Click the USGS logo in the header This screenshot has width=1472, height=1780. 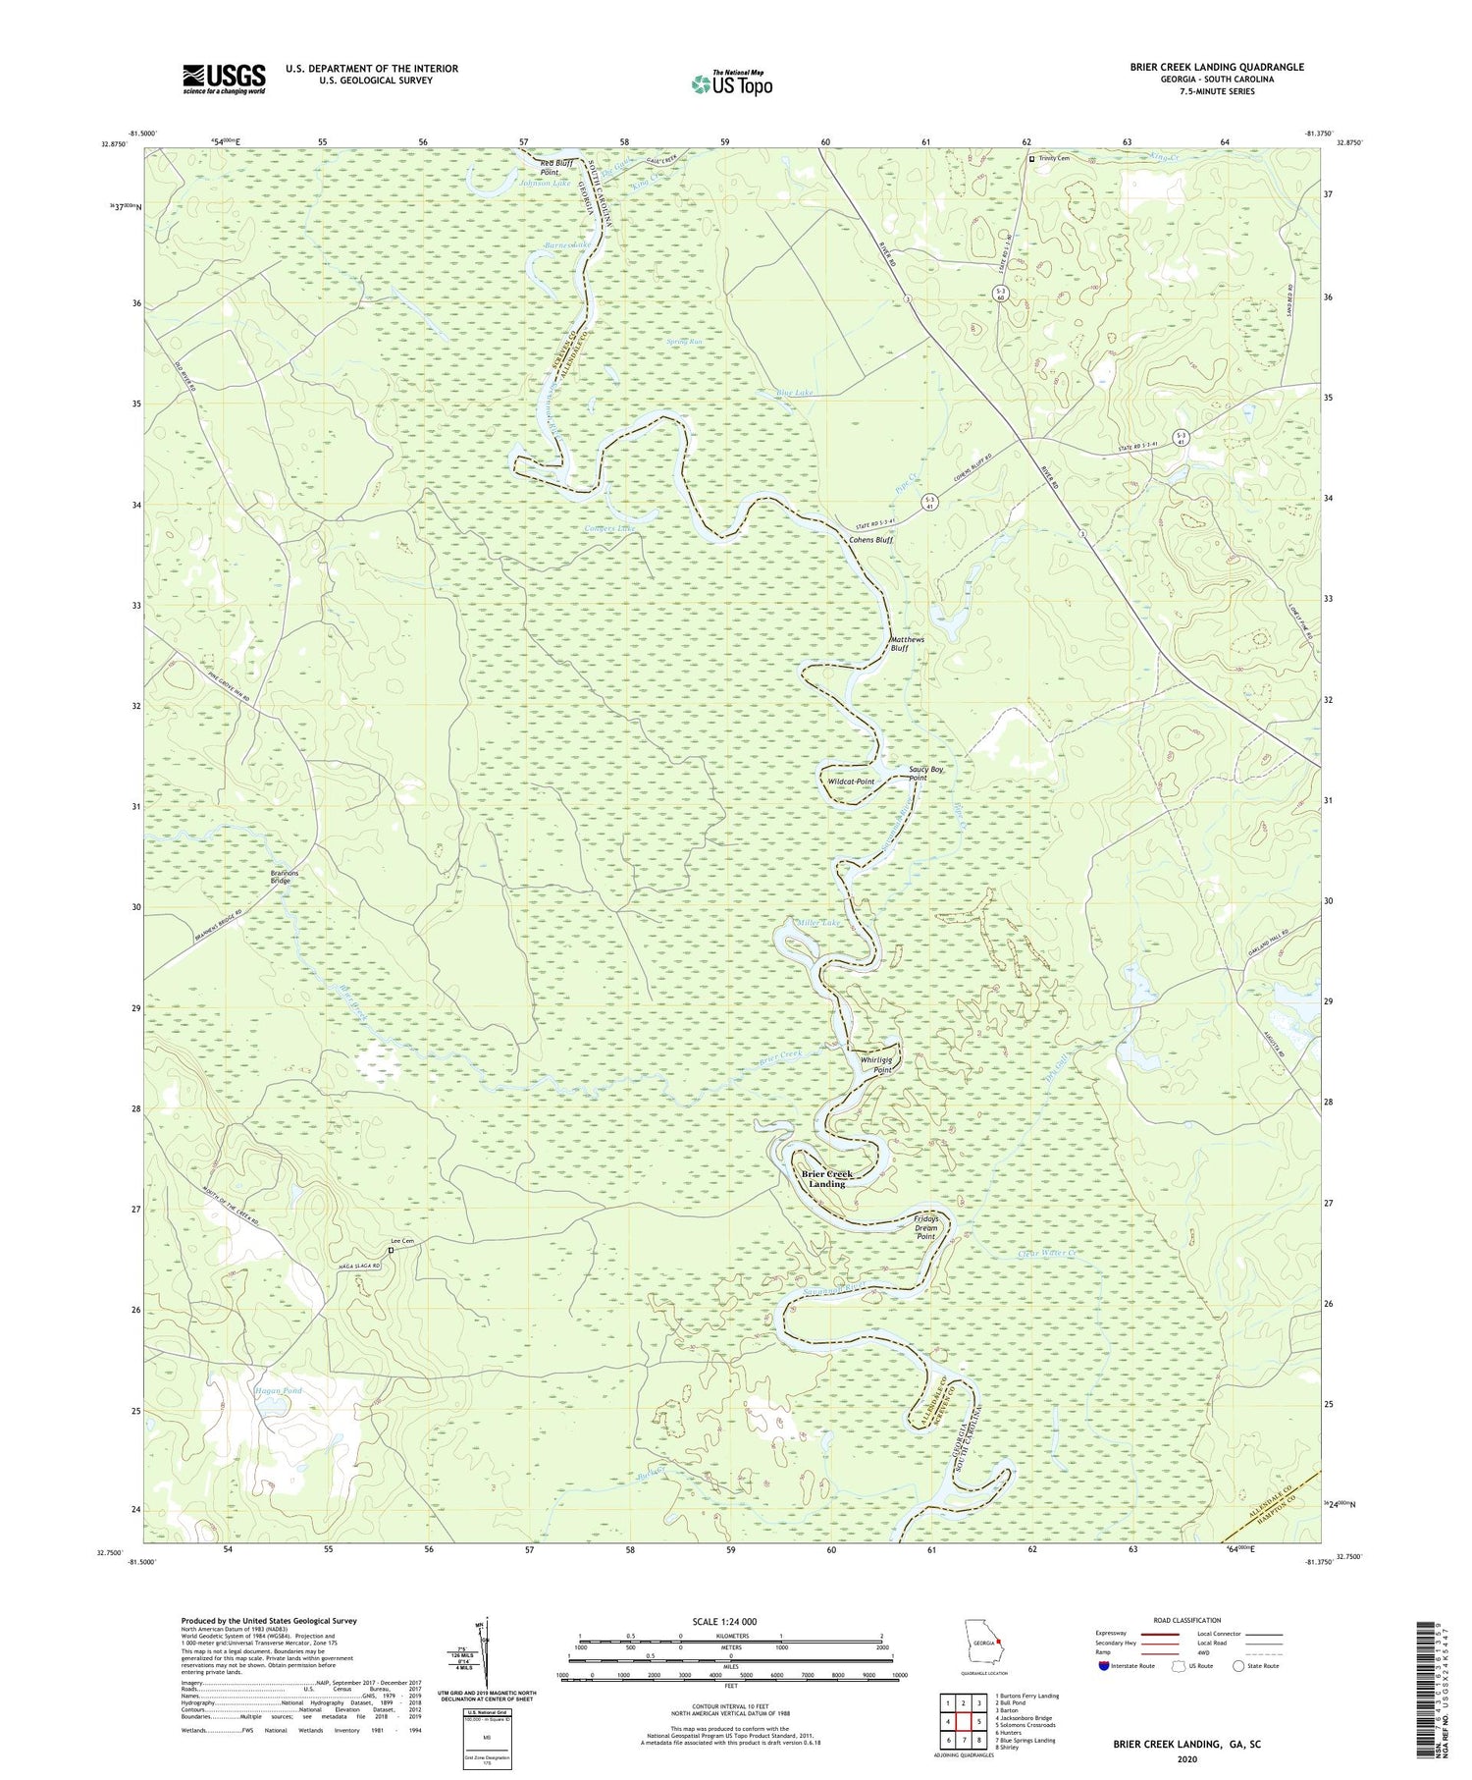224,79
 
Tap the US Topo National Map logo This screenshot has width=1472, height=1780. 731,83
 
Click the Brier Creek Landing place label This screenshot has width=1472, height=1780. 826,1178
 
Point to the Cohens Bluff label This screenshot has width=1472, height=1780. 870,540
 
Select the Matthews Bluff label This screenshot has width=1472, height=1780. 907,644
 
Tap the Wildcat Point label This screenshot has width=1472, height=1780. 851,782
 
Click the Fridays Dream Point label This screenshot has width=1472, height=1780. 926,1227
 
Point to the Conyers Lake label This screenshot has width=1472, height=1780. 609,529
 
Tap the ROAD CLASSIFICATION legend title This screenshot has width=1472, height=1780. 1186,1620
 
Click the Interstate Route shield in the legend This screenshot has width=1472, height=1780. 1104,1666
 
